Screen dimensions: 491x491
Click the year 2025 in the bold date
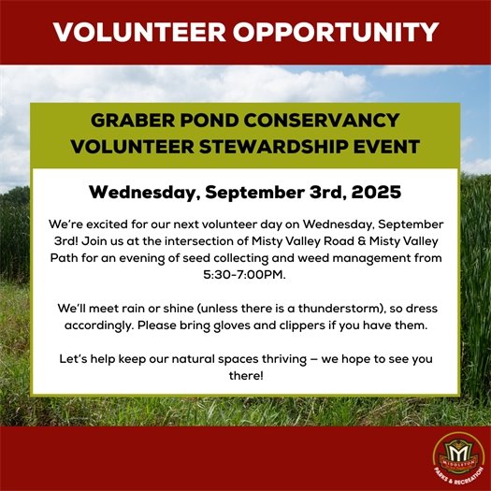point(372,193)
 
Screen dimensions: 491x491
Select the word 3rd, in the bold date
point(318,193)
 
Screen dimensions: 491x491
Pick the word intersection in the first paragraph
point(201,241)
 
